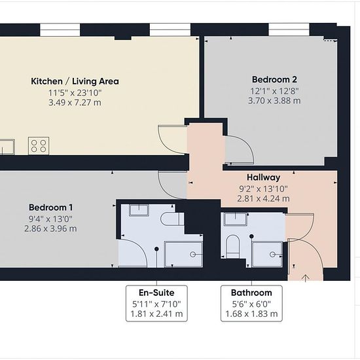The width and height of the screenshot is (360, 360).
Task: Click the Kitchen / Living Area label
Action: pos(75,81)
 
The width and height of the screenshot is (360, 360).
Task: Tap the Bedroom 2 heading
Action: pos(274,79)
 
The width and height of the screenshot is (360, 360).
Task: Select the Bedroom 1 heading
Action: pos(51,207)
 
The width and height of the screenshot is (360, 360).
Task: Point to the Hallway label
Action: pos(264,177)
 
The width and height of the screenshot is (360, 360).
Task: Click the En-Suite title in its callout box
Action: pos(156,293)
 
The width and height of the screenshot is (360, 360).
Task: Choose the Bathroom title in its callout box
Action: pos(251,293)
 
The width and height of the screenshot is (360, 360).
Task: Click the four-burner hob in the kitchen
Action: pos(39,146)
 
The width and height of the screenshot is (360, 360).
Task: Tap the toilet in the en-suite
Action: pos(172,219)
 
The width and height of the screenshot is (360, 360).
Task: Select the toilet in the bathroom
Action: pos(233,246)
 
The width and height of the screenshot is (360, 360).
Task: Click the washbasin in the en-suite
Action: pos(139,210)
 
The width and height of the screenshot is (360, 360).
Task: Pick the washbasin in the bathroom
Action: pos(236,219)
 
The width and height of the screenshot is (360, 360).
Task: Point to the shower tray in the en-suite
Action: pos(183,254)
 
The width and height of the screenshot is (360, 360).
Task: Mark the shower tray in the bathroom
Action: pos(267,254)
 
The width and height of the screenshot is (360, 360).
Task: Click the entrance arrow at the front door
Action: pos(306,278)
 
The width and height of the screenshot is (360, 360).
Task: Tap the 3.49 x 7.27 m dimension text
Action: pos(75,102)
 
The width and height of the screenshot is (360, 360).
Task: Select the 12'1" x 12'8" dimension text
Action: pos(274,91)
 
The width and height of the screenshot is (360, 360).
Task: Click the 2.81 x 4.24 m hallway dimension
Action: pos(263,198)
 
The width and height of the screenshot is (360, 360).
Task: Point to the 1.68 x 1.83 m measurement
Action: pos(251,314)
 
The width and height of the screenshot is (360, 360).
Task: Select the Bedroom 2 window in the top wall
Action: pos(289,29)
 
